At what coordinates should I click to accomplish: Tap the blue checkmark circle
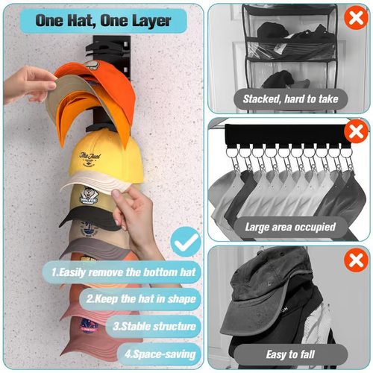pos(185,241)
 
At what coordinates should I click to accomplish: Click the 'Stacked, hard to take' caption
pos(290,98)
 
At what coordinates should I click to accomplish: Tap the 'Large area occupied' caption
pos(290,226)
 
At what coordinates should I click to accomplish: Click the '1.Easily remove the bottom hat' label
pos(124,272)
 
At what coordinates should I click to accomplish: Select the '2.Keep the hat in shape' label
pos(141,300)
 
